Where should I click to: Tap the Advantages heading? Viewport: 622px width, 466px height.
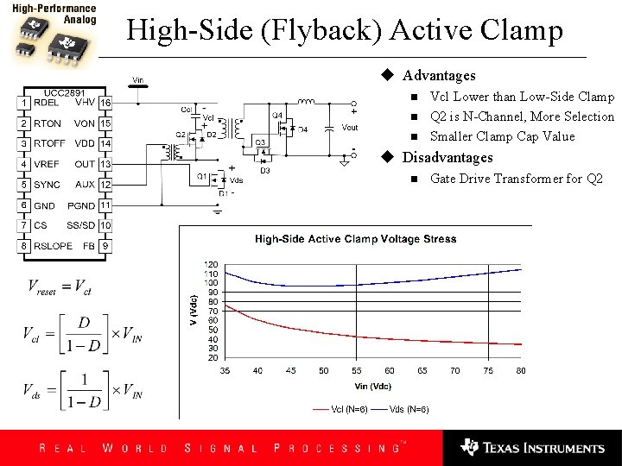439,76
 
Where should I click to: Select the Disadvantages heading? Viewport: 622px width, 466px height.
447,157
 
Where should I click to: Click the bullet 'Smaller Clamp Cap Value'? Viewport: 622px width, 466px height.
502,136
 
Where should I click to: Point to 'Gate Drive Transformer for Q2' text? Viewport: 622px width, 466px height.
516,179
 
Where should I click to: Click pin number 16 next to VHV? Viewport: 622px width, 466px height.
105,103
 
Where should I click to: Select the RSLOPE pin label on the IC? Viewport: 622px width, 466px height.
54,246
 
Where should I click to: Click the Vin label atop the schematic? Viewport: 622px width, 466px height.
137,80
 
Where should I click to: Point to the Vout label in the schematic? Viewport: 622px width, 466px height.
349,128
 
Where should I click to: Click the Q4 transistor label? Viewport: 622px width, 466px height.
276,115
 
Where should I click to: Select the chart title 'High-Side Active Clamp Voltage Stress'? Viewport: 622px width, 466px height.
355,239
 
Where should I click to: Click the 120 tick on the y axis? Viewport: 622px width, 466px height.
211,264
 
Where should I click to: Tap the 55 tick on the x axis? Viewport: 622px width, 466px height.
356,370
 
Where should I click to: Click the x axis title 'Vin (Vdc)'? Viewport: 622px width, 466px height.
372,386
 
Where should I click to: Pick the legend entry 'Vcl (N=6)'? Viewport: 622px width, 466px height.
350,409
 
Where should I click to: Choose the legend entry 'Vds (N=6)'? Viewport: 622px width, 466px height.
409,409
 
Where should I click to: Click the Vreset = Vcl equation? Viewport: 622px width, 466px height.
60,287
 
